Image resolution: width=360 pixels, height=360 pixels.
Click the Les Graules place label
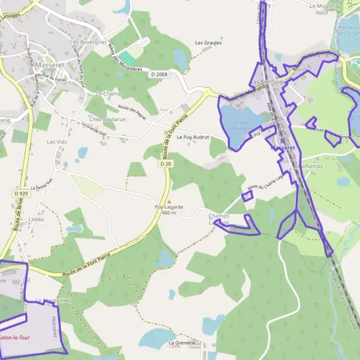coord(208,43)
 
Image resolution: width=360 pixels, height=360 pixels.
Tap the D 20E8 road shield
coord(160,74)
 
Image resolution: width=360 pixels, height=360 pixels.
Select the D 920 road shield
coord(20,193)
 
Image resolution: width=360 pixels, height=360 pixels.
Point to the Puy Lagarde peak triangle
coord(169,202)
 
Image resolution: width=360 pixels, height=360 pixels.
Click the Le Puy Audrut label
coord(193,137)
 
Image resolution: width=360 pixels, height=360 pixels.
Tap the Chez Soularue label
coord(107,119)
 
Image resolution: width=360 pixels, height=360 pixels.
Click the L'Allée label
coord(36,220)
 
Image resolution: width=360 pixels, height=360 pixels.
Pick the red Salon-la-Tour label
coord(15,338)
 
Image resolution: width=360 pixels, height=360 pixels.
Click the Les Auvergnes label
coord(89,42)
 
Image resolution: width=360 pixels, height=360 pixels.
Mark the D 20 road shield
coord(166,163)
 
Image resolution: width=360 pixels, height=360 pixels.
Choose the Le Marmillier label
coord(55,301)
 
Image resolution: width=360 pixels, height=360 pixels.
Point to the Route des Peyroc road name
coord(132,112)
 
